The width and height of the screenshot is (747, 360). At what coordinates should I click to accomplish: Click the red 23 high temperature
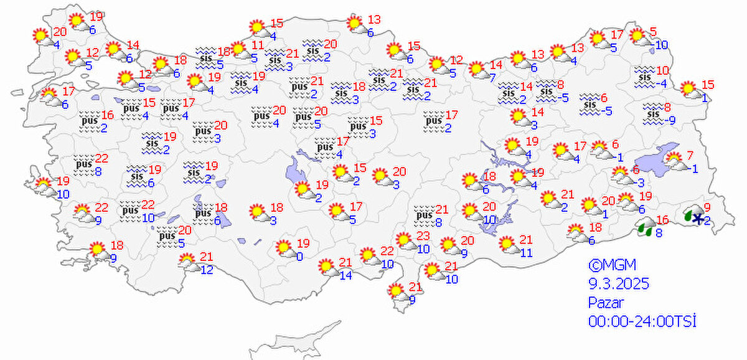click(x=423, y=236)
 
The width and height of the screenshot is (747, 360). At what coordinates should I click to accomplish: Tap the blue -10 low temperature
click(x=660, y=45)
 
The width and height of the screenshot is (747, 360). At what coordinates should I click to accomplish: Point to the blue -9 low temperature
click(x=669, y=120)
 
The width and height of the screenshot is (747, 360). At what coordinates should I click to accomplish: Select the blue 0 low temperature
click(x=300, y=256)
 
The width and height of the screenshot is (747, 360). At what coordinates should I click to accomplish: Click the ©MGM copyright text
click(x=607, y=264)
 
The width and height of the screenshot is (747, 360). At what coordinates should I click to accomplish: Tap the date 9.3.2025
click(x=619, y=284)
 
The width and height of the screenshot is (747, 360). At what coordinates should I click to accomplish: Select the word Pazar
click(x=604, y=303)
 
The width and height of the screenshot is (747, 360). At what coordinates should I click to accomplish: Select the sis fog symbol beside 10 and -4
click(x=644, y=75)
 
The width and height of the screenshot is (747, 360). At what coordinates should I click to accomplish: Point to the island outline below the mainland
click(x=299, y=339)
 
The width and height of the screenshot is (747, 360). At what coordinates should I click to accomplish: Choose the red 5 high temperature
click(x=653, y=32)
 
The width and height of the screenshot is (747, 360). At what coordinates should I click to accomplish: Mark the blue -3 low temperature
click(x=641, y=182)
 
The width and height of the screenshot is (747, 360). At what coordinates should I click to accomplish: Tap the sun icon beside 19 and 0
click(x=286, y=248)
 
